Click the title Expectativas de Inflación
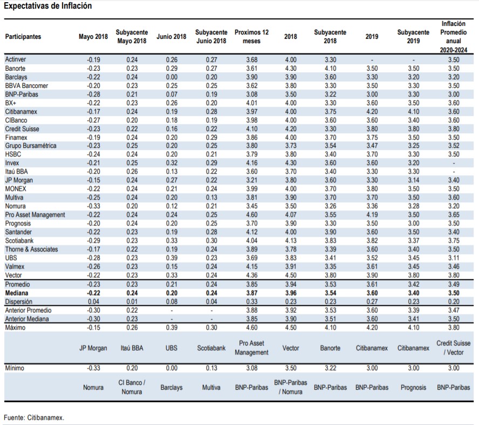point(47,6)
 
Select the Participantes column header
point(23,37)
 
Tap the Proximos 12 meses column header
point(251,37)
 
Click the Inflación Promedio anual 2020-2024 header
point(453,37)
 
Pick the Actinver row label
point(16,59)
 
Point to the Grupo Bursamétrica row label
point(31,146)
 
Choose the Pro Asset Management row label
point(35,215)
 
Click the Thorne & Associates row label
point(31,249)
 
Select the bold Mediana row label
point(17,293)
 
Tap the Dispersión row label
point(18,301)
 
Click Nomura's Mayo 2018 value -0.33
point(93,206)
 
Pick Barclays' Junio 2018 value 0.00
point(172,77)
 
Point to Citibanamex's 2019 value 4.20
point(372,112)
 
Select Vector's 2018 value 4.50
point(291,275)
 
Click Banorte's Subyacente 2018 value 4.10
point(330,68)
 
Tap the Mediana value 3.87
point(252,293)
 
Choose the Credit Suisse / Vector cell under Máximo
point(453,348)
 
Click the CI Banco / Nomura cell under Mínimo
point(132,387)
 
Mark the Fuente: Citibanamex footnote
point(34,417)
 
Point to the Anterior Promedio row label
point(28,311)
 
